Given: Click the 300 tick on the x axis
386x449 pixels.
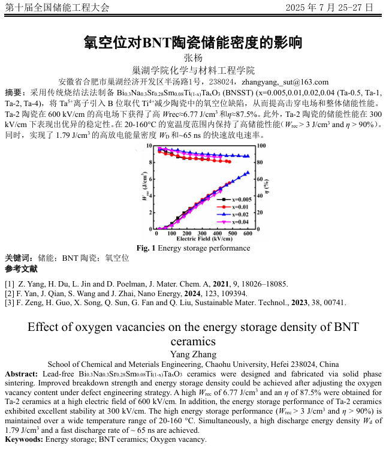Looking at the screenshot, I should (x=202, y=234).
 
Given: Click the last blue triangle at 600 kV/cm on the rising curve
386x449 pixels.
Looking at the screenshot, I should (x=248, y=172).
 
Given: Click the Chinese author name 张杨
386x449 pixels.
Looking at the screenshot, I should (x=193, y=58).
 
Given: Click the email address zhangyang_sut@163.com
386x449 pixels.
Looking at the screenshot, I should (x=288, y=82).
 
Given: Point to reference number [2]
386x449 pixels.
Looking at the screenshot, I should (x=10, y=293).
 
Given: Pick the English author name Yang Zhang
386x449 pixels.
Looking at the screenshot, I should (x=192, y=354).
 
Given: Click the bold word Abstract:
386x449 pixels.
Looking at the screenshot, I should (x=22, y=373).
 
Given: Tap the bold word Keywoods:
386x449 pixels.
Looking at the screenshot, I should (x=23, y=439).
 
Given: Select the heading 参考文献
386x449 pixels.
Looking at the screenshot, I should (x=21, y=269).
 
